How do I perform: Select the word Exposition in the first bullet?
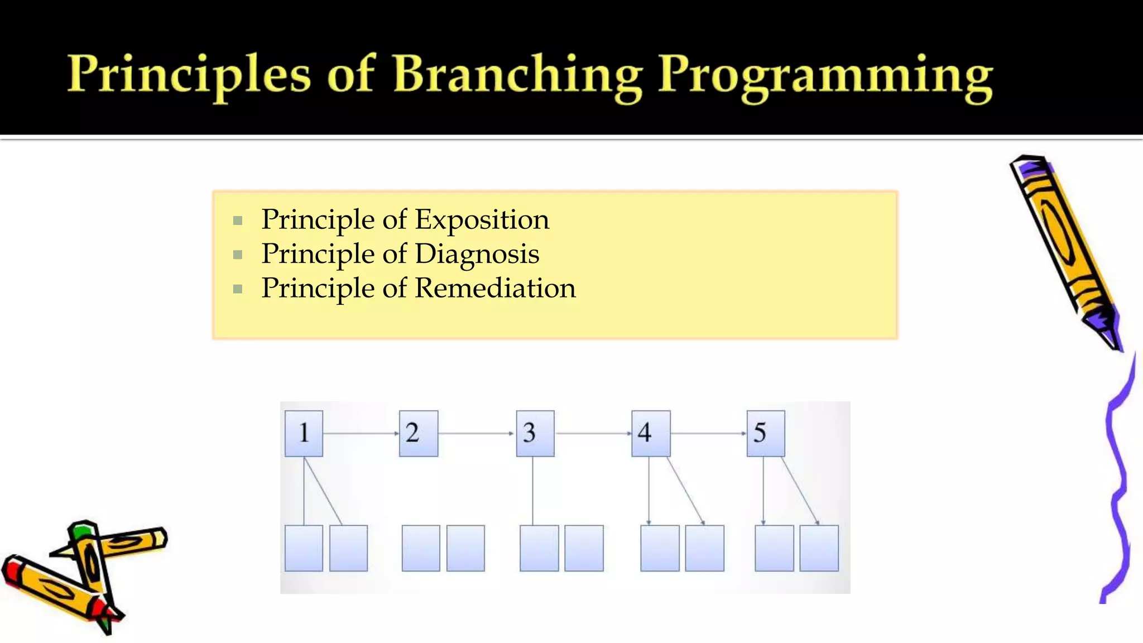[482, 219]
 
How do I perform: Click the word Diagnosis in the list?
[477, 254]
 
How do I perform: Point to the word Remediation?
[495, 289]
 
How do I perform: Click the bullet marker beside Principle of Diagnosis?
[238, 255]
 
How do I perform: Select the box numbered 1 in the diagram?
[304, 433]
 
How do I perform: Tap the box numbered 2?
[418, 433]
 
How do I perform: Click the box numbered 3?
[535, 433]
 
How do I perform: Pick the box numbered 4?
[650, 433]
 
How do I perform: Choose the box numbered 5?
[765, 433]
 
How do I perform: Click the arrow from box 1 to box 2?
[361, 433]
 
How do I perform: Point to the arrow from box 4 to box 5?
[708, 433]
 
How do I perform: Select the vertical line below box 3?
[532, 491]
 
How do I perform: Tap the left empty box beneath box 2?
[420, 548]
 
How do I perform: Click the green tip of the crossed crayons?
[81, 529]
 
